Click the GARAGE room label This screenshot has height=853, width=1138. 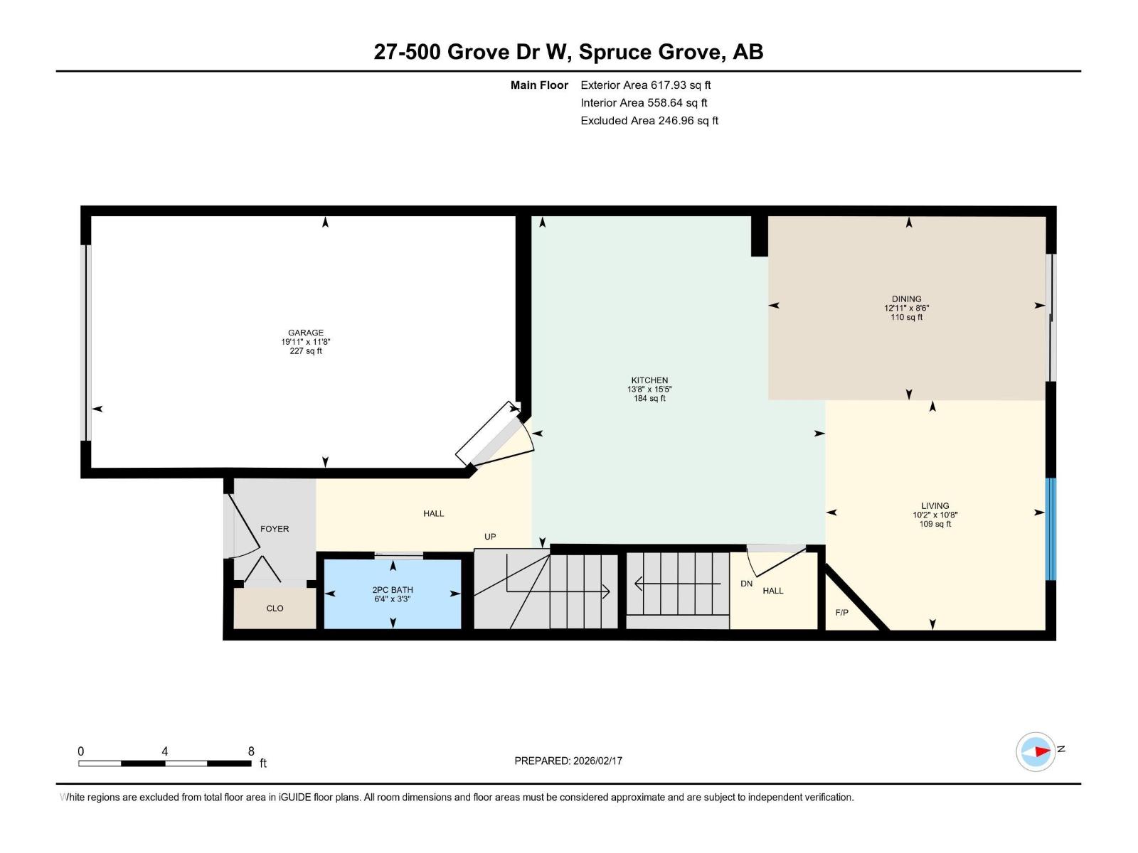[x=306, y=333]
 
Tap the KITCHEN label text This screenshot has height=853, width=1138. [x=649, y=380]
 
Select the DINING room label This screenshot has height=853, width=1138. [x=906, y=299]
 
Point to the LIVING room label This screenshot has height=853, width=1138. [x=935, y=506]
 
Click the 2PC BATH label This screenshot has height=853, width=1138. [x=393, y=590]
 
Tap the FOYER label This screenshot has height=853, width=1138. [x=275, y=529]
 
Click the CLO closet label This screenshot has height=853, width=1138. [x=275, y=608]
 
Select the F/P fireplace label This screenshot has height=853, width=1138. [x=841, y=612]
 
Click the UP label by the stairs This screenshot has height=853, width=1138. [x=490, y=537]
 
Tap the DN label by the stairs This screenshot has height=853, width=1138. [x=746, y=584]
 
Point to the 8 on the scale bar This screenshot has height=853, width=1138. [x=251, y=751]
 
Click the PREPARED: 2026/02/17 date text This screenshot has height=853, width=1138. [x=568, y=761]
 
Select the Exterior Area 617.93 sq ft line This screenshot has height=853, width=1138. [x=645, y=85]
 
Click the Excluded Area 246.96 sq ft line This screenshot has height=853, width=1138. [x=649, y=121]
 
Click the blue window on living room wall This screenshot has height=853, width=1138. [x=1051, y=529]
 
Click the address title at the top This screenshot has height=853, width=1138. [x=568, y=52]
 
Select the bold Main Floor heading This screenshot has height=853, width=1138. [x=539, y=85]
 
